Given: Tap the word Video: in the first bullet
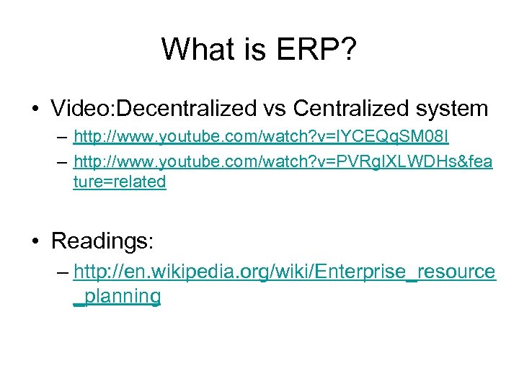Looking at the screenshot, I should coord(83,109).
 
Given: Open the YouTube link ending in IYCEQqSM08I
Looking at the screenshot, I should coord(261,137).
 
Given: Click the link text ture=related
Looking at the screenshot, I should coord(120,182).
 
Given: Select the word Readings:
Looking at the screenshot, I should coord(102,241).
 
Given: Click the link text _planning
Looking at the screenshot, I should coord(117,296).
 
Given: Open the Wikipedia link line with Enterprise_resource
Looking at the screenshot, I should coord(285,272).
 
